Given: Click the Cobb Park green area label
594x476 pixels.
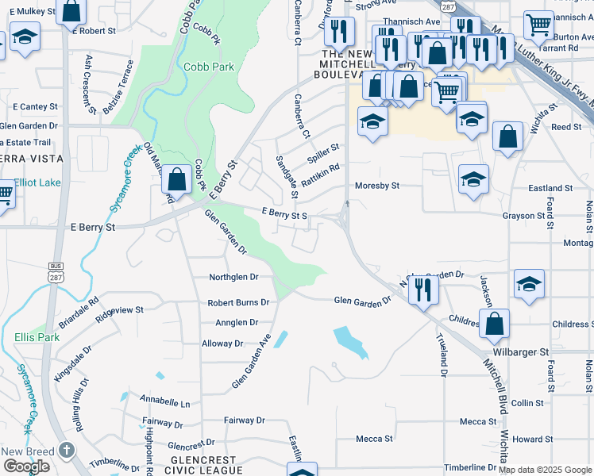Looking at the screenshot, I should (x=208, y=67).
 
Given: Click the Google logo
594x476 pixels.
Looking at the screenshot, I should (x=25, y=466).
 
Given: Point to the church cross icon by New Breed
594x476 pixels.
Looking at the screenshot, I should (x=67, y=450).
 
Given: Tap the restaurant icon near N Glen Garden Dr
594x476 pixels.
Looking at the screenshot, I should (x=423, y=288).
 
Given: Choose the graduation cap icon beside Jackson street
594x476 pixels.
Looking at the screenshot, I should (x=529, y=284).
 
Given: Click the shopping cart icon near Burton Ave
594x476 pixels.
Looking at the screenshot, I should (x=539, y=25).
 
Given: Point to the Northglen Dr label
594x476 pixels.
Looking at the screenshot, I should (x=233, y=278).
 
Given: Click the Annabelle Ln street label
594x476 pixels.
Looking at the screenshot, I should (x=165, y=403).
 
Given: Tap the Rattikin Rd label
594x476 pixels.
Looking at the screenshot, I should (x=323, y=167).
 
